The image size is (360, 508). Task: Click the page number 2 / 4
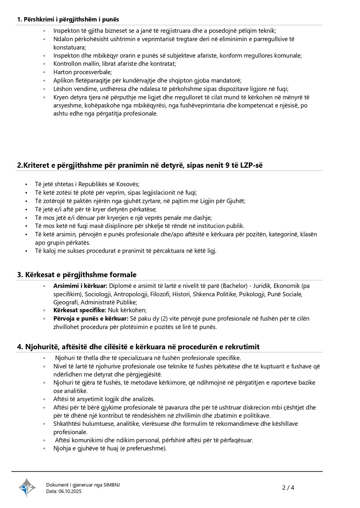tap(288, 487)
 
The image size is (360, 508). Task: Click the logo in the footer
tap(27, 487)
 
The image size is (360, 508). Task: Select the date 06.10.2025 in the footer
tap(70, 491)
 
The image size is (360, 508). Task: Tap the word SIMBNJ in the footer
tap(111, 485)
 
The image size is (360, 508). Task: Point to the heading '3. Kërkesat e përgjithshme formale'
tap(77, 275)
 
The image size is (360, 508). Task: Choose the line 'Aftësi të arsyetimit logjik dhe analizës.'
tap(104, 399)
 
